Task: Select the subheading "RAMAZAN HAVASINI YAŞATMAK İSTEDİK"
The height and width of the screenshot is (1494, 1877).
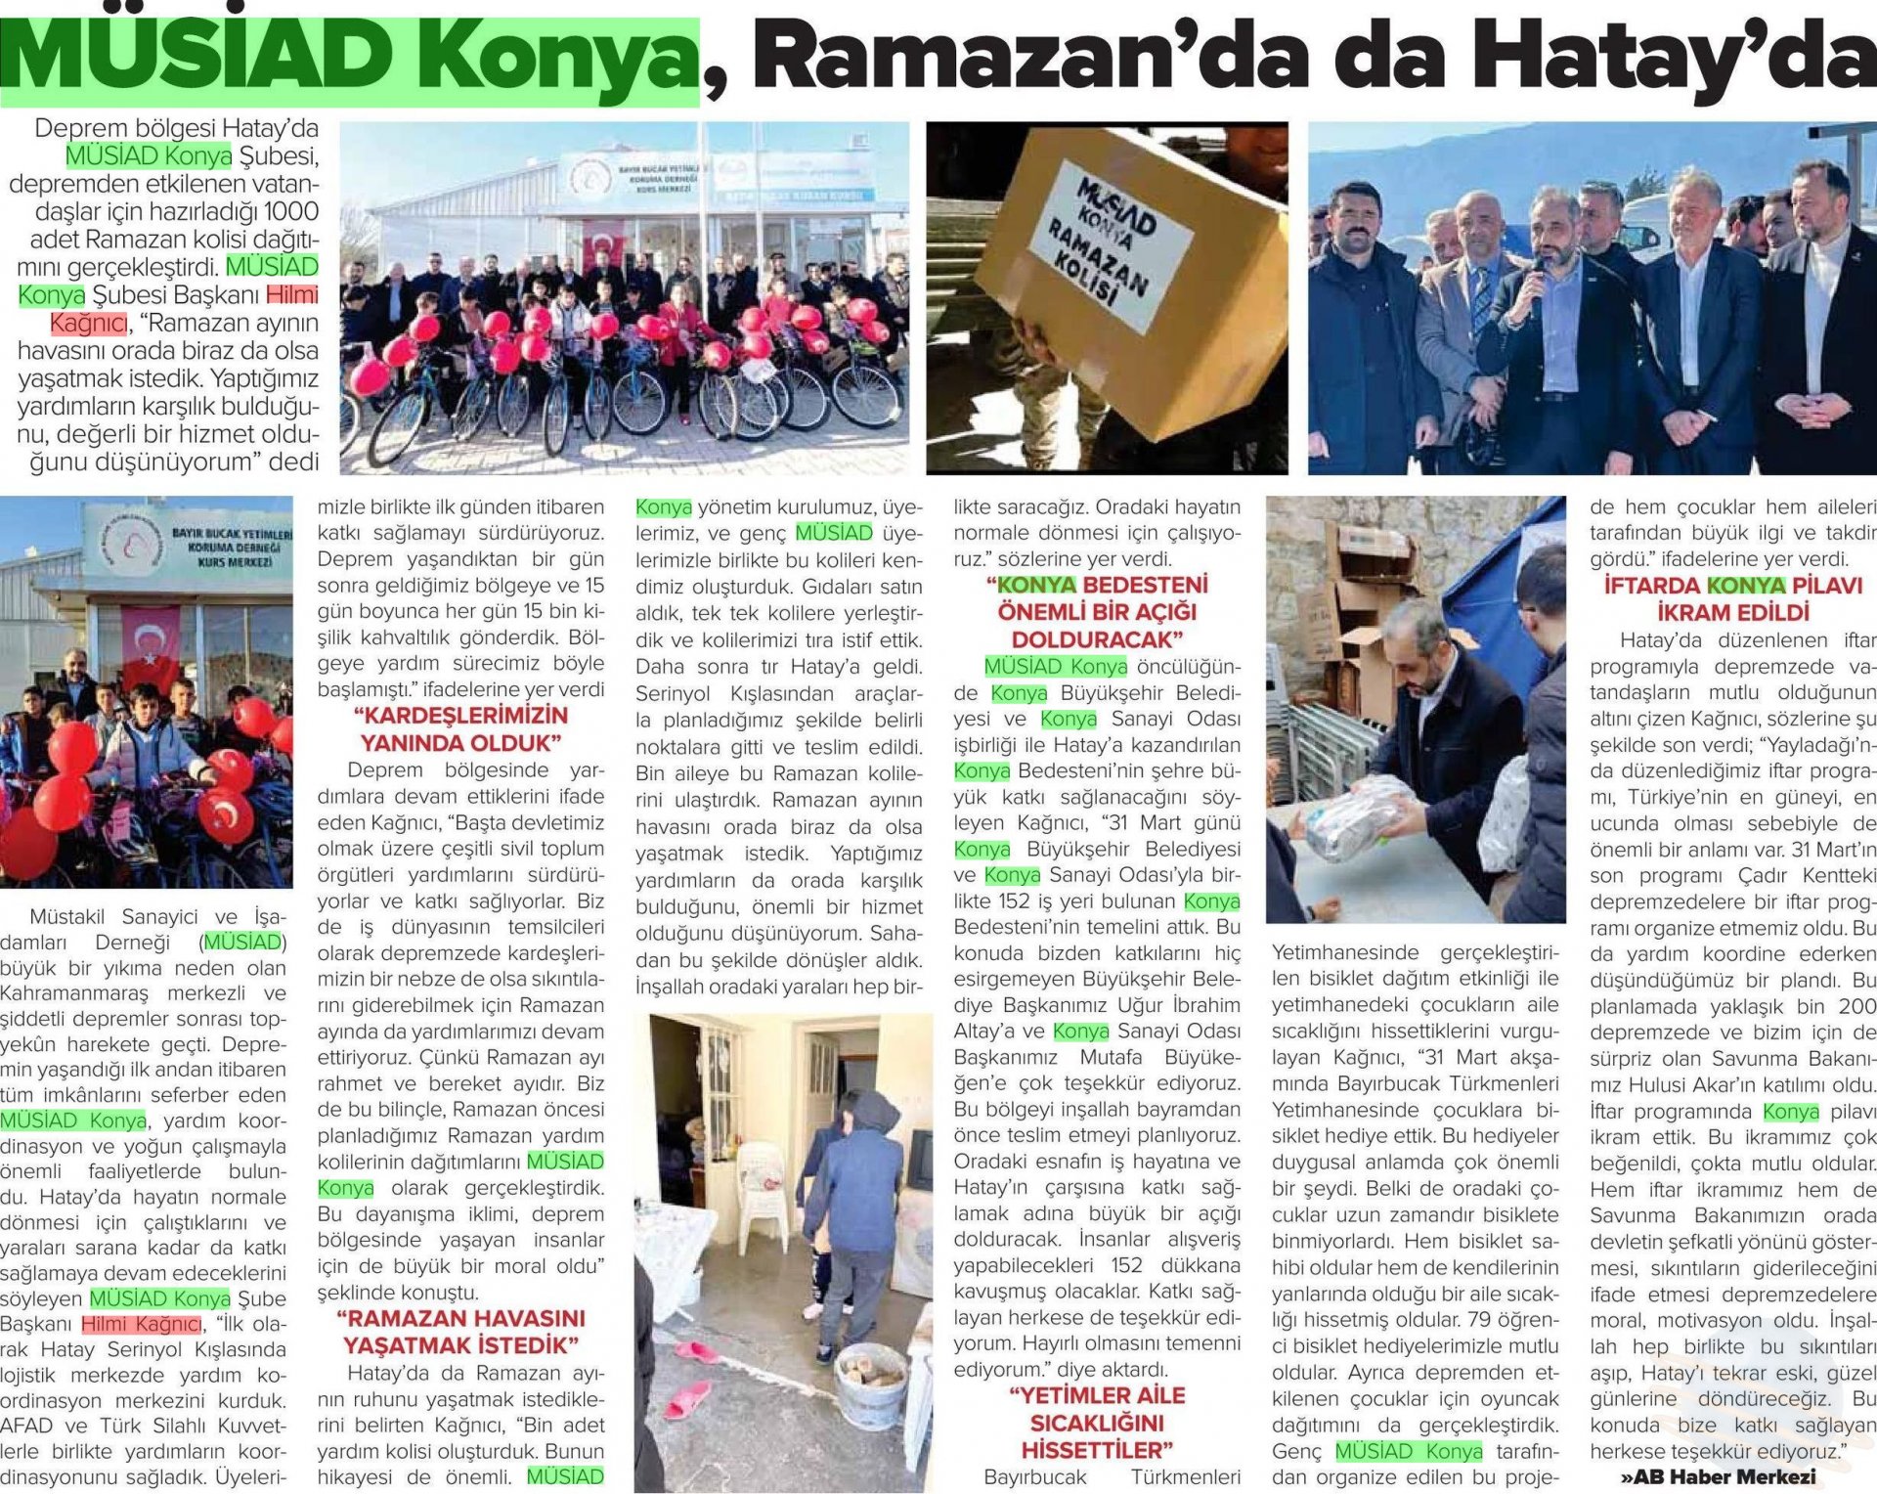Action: (461, 1332)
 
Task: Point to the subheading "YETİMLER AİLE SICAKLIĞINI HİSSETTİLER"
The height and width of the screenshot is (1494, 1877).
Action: (1097, 1423)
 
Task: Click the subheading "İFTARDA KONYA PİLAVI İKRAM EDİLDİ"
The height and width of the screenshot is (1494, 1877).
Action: (1733, 599)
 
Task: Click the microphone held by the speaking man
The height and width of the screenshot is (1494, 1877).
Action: (1537, 273)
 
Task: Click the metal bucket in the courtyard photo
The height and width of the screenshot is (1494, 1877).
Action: (869, 1382)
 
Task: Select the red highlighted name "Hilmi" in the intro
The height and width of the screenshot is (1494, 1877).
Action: (292, 295)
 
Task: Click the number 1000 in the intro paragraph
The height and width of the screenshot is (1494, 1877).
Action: (291, 212)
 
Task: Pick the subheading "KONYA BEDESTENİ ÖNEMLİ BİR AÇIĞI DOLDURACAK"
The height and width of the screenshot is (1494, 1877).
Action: (1097, 613)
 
